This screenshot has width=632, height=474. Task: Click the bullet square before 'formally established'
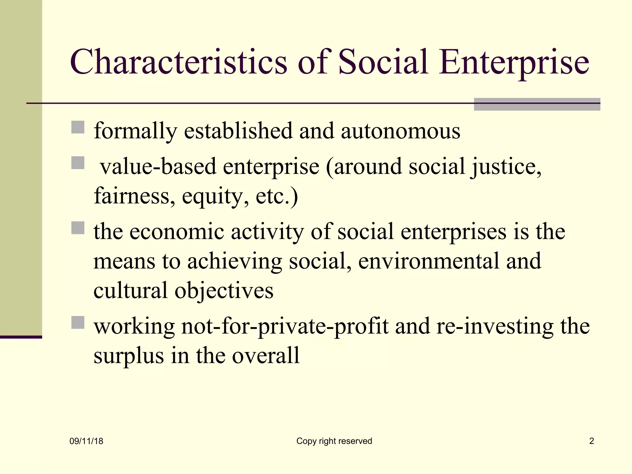pos(78,127)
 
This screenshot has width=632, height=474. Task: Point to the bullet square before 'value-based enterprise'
pos(78,163)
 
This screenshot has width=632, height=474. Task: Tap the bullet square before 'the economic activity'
pos(78,228)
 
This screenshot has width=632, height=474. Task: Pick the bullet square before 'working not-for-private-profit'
pos(78,322)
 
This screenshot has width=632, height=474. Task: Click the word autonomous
pos(401,131)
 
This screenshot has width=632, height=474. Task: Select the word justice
pos(506,167)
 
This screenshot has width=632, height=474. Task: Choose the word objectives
pos(224,291)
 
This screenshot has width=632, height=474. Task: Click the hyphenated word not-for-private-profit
pos(285,326)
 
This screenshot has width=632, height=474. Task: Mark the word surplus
pos(129,356)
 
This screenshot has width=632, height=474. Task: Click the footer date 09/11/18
pos(86,441)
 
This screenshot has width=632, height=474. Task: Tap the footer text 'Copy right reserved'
pos(334,441)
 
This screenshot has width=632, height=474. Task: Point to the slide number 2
pos(592,441)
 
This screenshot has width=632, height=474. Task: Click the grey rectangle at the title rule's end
pos(537,104)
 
